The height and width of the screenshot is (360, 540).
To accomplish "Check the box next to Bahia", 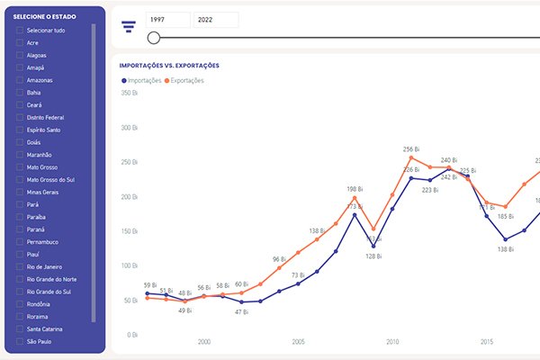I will click(20, 93).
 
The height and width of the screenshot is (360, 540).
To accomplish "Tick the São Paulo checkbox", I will click(20, 342).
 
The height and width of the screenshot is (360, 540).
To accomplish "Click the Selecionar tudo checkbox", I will click(20, 31).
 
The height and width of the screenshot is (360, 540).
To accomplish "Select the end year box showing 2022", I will click(216, 20).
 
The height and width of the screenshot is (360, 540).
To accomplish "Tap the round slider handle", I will click(154, 38).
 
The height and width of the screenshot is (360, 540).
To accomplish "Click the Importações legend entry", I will click(141, 81).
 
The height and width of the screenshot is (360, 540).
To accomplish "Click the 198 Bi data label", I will click(355, 189).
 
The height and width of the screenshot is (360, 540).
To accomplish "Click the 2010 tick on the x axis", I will click(392, 342).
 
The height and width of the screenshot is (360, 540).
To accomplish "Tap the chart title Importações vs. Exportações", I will click(169, 66).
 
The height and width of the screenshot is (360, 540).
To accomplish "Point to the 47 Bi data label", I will click(241, 311).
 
